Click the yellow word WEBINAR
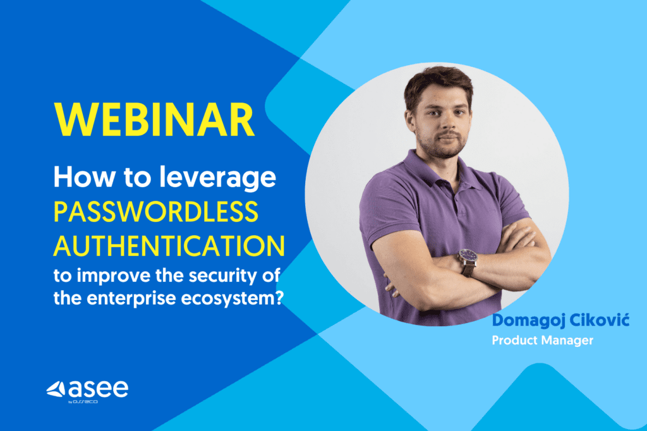point(154,119)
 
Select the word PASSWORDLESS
point(156,211)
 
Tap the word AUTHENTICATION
point(169,246)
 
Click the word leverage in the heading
point(217,178)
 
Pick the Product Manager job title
point(543,340)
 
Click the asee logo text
point(98,388)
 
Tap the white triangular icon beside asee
point(56,389)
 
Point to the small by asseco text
point(83,402)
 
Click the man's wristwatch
point(468,262)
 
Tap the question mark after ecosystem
point(279,298)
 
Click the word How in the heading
point(84,178)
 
